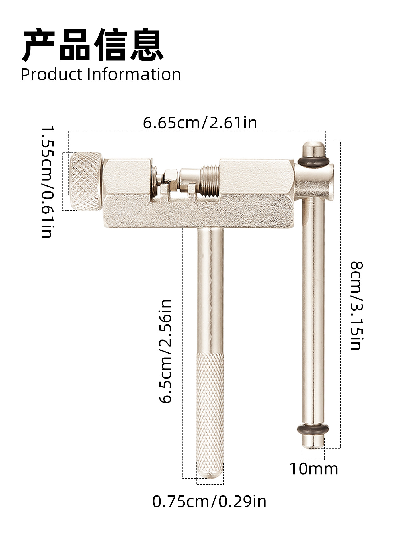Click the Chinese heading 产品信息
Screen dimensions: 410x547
pyautogui.click(x=93, y=45)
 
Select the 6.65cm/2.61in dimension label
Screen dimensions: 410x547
pyautogui.click(x=200, y=123)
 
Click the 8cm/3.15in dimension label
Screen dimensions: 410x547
pyautogui.click(x=356, y=305)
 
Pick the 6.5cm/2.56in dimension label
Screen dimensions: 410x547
pyautogui.click(x=165, y=351)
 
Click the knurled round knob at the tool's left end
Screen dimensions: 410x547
pyautogui.click(x=85, y=181)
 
